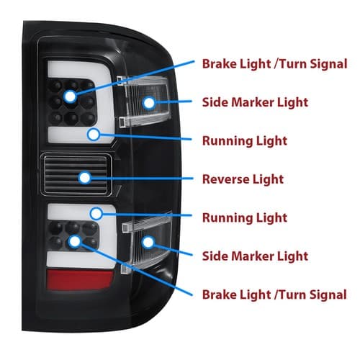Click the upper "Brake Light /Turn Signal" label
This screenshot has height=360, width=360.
275,64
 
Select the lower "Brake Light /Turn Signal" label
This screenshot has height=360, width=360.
274,294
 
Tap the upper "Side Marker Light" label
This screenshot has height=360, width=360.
255,102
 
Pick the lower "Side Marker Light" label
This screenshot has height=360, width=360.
255,256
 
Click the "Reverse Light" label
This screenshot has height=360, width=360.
243,179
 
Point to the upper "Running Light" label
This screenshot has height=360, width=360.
245,141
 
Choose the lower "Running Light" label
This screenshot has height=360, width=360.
245,217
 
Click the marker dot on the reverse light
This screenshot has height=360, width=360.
84,178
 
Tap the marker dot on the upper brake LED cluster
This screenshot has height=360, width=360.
71,96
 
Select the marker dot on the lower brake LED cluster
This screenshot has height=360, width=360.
74,241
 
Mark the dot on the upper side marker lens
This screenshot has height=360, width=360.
149,103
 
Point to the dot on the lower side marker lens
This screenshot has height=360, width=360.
148,242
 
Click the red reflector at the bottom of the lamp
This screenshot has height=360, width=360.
80,279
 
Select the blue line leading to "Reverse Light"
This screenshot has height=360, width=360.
142,179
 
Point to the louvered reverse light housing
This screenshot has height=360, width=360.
76,174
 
